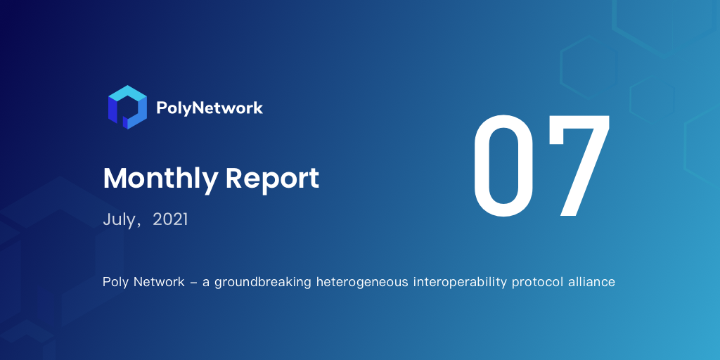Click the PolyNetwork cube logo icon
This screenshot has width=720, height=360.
tap(128, 107)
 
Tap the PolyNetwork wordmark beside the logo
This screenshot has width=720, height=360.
tap(210, 108)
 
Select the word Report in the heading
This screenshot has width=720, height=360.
tap(272, 179)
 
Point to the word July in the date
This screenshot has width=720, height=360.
tap(119, 220)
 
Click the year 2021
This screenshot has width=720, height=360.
tap(170, 219)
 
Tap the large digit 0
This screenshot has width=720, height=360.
tap(503, 166)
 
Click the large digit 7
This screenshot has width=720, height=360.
tap(579, 166)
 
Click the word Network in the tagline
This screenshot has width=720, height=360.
tap(159, 282)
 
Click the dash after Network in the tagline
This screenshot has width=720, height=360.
tap(193, 283)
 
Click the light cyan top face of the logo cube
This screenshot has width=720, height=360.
tap(128, 95)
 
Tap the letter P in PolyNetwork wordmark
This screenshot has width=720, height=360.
tap(162, 108)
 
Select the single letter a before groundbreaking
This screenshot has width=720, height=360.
tap(206, 283)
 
